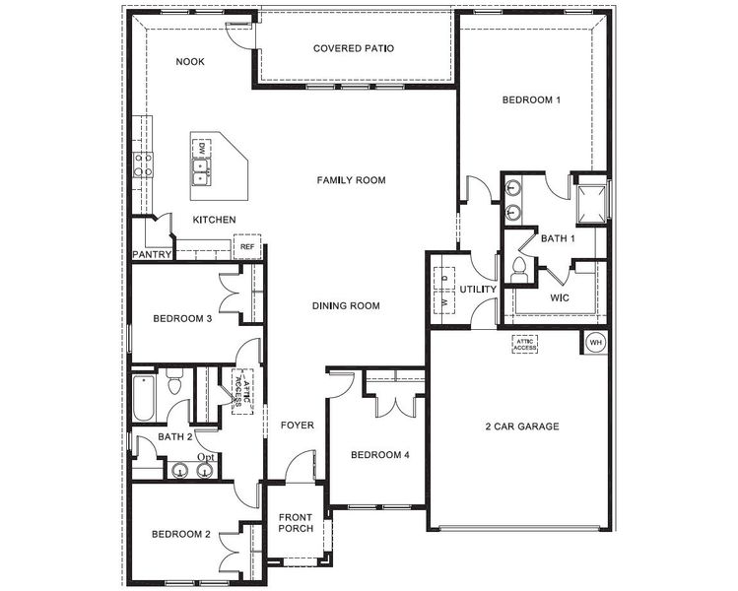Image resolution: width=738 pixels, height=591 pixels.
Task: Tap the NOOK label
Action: tap(190, 61)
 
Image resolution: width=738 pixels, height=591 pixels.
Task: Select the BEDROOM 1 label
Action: tap(531, 99)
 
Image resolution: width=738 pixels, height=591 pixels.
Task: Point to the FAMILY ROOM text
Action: tap(351, 180)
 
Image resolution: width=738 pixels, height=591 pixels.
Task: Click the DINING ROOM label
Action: tap(346, 306)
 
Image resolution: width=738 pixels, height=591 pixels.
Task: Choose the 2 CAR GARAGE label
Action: tap(521, 427)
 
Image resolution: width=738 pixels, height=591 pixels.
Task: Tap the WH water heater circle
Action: tap(595, 342)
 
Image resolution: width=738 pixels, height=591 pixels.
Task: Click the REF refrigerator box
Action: tap(246, 246)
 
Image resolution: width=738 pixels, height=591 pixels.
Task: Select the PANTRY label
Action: tap(153, 255)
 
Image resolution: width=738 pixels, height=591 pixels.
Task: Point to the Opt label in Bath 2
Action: tap(205, 458)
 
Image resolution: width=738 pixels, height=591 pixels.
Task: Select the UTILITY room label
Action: tap(477, 290)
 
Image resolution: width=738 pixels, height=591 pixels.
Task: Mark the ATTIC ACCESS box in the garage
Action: tap(523, 344)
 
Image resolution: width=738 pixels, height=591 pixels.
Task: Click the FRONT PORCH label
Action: tap(296, 523)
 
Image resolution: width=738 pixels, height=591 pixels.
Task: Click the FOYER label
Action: tap(297, 427)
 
